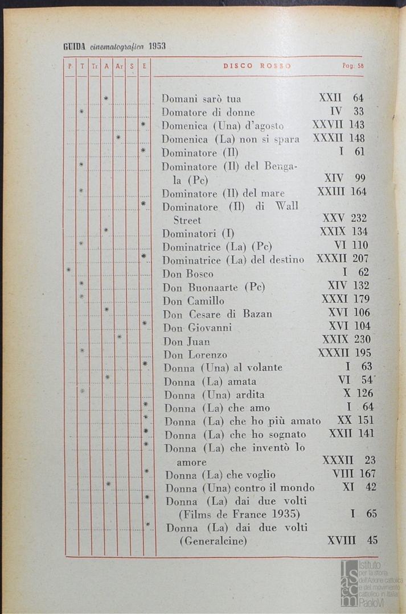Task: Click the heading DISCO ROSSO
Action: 257,66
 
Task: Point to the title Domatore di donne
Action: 208,112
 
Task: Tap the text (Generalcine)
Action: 213,541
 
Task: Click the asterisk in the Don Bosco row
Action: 69,269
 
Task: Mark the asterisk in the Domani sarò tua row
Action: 106,99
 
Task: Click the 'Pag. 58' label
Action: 352,66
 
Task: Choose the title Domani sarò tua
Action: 201,98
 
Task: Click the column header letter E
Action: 145,66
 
